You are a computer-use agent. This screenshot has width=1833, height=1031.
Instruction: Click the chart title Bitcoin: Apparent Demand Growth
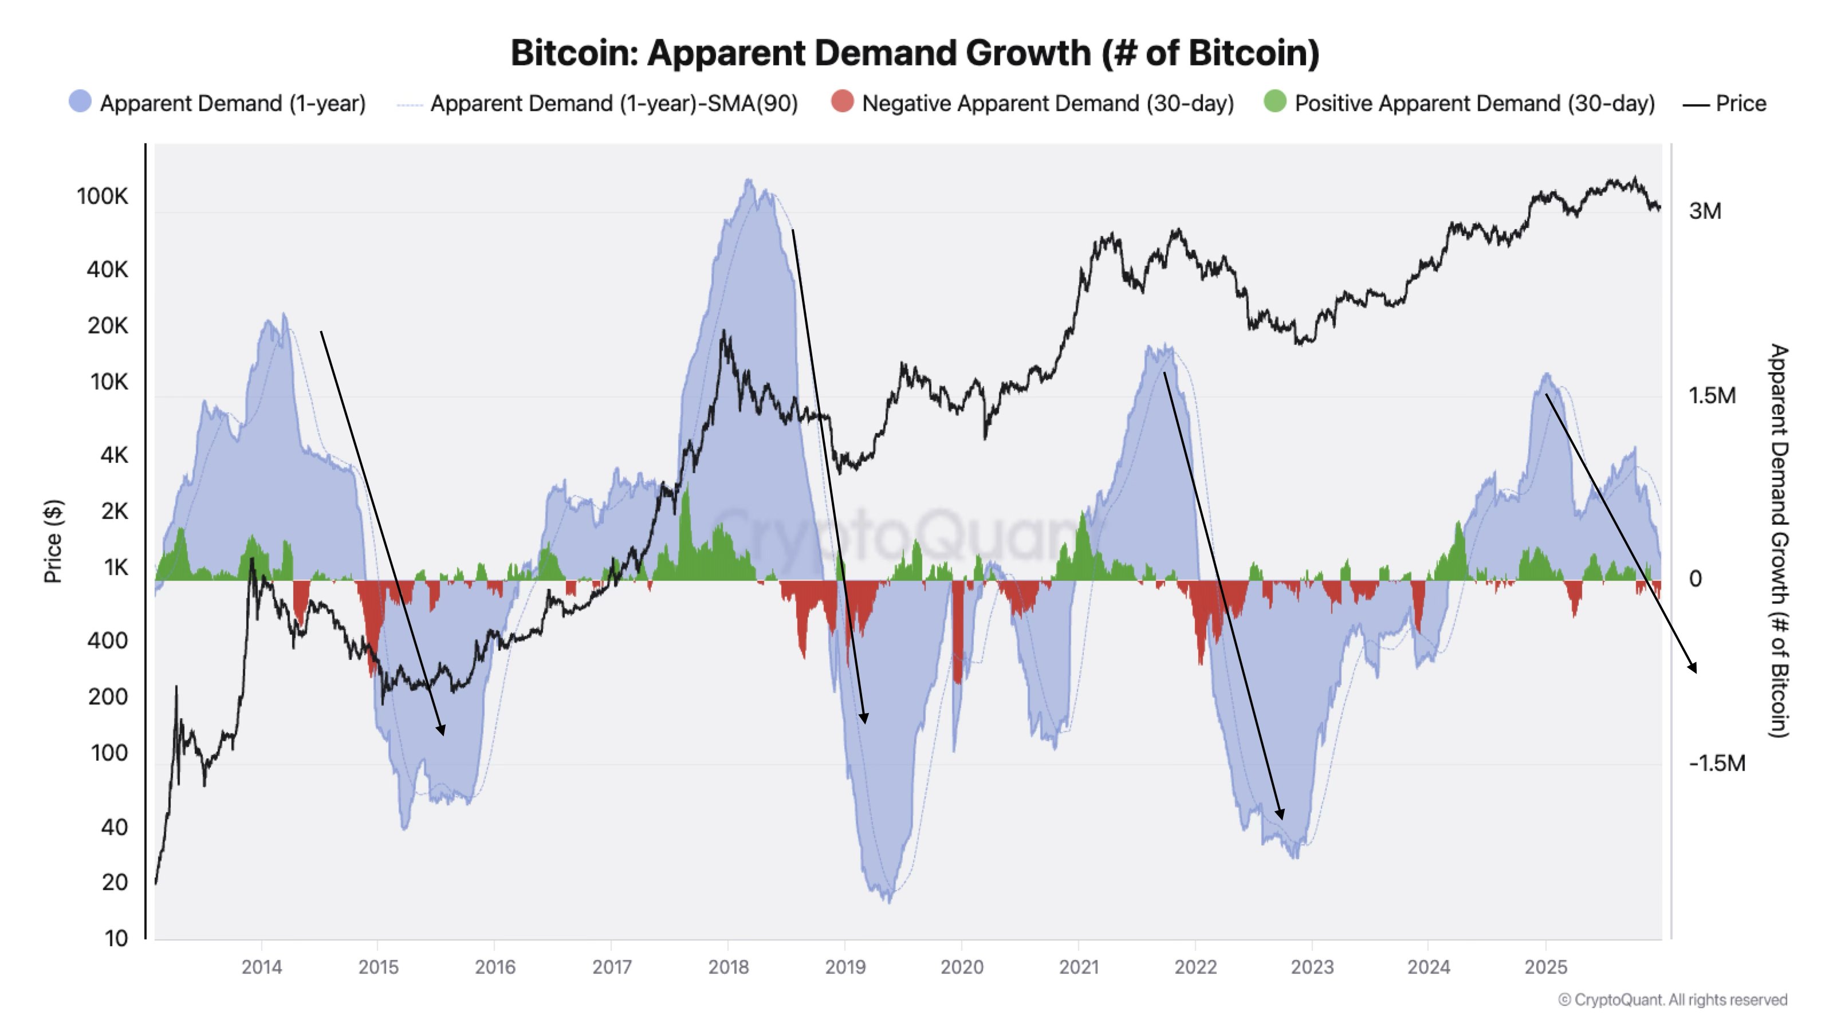click(915, 53)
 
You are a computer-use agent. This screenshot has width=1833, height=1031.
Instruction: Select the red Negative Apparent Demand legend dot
click(842, 102)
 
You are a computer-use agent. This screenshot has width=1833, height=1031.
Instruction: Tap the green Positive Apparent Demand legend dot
click(1275, 102)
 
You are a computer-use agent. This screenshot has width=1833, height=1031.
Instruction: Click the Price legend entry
click(1725, 103)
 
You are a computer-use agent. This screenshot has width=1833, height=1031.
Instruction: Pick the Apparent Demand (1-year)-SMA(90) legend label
click(613, 103)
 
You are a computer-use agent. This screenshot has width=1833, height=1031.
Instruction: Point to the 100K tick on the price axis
click(103, 196)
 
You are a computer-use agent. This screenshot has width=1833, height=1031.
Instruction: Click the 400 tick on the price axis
click(108, 640)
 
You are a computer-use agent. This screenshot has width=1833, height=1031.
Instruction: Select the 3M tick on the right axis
click(1705, 211)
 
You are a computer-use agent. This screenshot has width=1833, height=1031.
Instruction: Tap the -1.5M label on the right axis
click(1716, 764)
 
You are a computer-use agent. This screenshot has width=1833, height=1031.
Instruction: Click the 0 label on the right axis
click(1695, 579)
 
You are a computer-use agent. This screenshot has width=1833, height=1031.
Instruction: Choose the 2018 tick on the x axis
click(728, 967)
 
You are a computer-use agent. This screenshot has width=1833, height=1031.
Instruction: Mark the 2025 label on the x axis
click(1545, 967)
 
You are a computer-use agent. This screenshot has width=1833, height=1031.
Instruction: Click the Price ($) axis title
click(53, 541)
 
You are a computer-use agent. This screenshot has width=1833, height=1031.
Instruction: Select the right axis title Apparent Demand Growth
click(1777, 541)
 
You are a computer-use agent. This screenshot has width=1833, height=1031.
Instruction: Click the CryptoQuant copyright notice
click(1672, 999)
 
